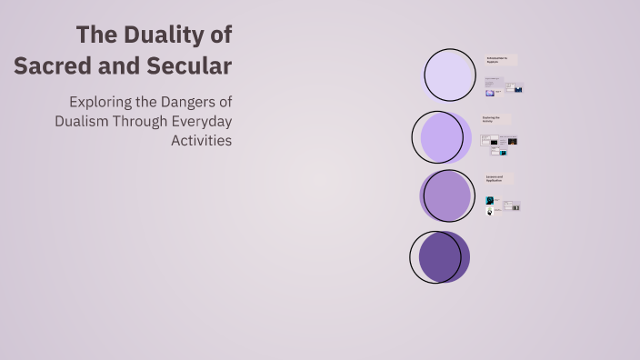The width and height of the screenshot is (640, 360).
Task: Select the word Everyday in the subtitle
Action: [x=201, y=121]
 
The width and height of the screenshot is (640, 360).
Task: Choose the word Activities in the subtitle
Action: [x=201, y=141]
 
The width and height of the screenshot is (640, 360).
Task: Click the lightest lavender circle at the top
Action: [x=449, y=75]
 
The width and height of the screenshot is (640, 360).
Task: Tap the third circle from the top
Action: [x=446, y=196]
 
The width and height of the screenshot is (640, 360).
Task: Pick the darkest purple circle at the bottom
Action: [x=441, y=256]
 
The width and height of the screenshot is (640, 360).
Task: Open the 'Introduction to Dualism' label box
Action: [x=500, y=60]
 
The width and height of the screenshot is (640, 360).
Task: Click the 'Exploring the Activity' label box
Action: [x=496, y=119]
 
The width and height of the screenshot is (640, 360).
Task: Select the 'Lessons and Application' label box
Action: [x=499, y=178]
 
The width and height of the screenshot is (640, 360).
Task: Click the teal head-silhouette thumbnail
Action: [x=490, y=200]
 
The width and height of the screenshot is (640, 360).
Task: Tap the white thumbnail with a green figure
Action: [x=490, y=211]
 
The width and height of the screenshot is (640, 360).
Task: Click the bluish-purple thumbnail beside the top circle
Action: [x=490, y=92]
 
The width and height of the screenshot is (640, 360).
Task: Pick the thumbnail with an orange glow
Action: [x=512, y=141]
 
